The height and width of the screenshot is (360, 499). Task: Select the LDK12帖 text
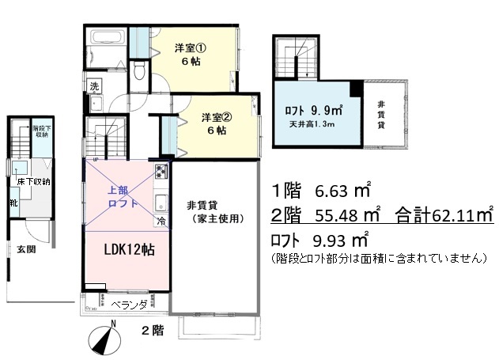130,249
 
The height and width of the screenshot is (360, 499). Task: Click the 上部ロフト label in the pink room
122,197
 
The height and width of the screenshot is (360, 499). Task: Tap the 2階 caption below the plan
153,330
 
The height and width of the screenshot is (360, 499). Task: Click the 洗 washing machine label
94,85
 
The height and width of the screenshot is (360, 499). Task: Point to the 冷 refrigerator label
161,222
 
